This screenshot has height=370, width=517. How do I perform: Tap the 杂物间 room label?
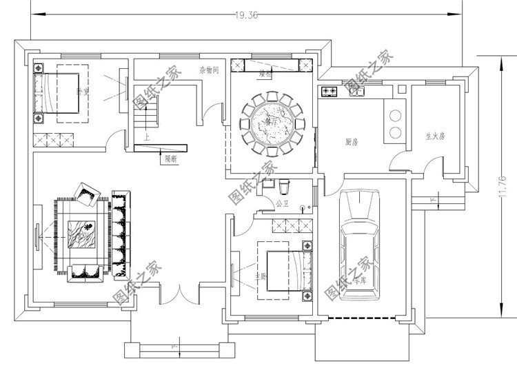pos(209,70)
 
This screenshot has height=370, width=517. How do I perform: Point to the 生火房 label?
pos(435,136)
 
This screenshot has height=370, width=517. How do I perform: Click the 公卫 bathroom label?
pos(282,204)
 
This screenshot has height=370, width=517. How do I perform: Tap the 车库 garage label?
pos(358,281)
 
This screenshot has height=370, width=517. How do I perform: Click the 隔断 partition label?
pos(172,158)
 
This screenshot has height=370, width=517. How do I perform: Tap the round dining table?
pos(270,123)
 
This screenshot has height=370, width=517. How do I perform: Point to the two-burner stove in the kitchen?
pos(327,91)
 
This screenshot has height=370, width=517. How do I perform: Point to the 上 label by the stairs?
pos(147,137)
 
